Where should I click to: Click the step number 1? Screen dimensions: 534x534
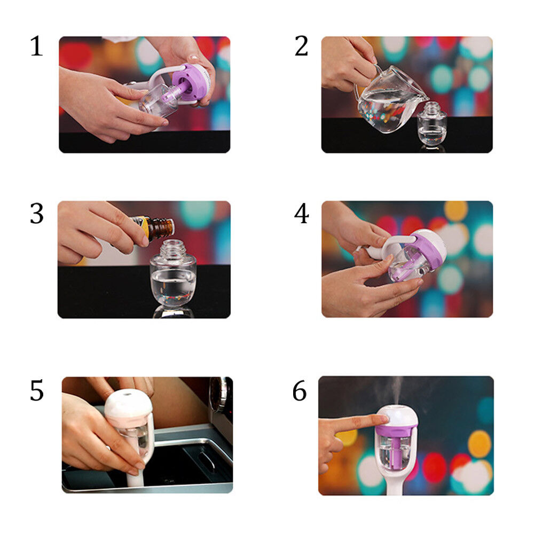pyautogui.click(x=37, y=46)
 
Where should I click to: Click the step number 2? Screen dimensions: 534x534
pyautogui.click(x=301, y=46)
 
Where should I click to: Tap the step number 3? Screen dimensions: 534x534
pyautogui.click(x=37, y=214)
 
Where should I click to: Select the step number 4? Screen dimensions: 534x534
pyautogui.click(x=301, y=214)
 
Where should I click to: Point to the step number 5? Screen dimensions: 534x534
pyautogui.click(x=37, y=390)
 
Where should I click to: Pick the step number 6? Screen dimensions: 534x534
pyautogui.click(x=300, y=391)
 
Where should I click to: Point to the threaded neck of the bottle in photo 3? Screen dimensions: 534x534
pyautogui.click(x=174, y=249)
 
